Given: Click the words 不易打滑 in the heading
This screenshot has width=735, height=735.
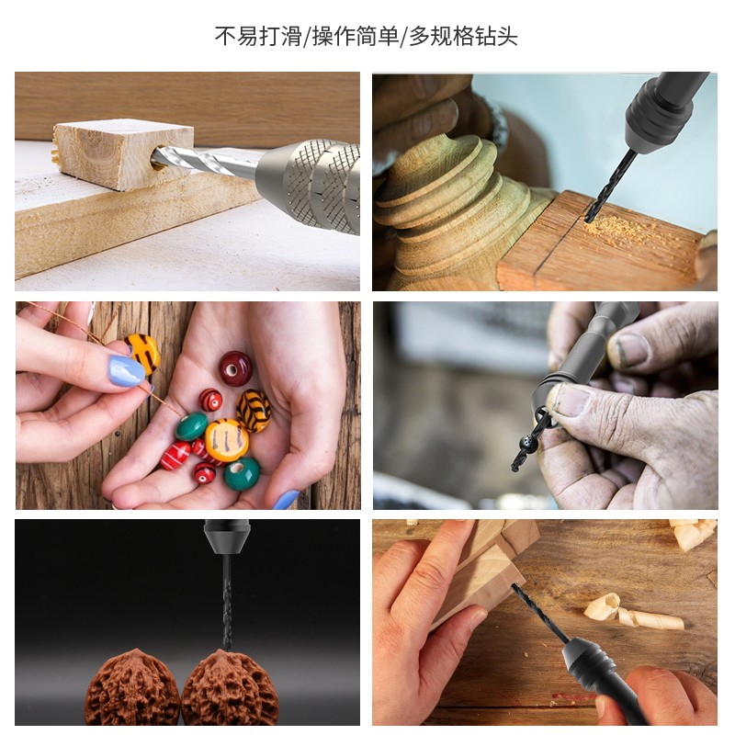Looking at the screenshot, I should point(261,37).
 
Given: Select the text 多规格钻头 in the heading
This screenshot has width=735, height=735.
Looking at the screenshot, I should point(463,37).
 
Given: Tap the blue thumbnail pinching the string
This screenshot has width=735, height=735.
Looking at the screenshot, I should point(127,370).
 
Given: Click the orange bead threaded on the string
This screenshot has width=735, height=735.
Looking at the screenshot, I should point(143,352).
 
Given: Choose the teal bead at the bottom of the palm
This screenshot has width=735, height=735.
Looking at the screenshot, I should point(242,473).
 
